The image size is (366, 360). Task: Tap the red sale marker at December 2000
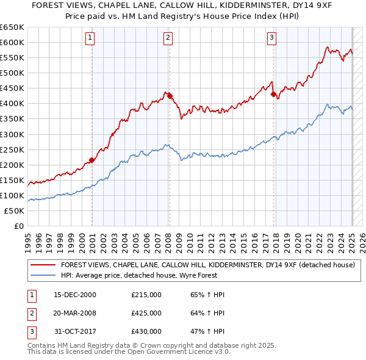coord(91,160)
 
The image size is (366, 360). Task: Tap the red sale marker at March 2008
coord(170,96)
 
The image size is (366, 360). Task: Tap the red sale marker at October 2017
coord(274,95)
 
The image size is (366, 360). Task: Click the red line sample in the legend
coord(43,265)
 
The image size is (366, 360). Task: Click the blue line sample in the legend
coord(43,276)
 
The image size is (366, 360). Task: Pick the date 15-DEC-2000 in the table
coord(75,295)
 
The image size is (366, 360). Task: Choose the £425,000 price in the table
coord(146,313)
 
